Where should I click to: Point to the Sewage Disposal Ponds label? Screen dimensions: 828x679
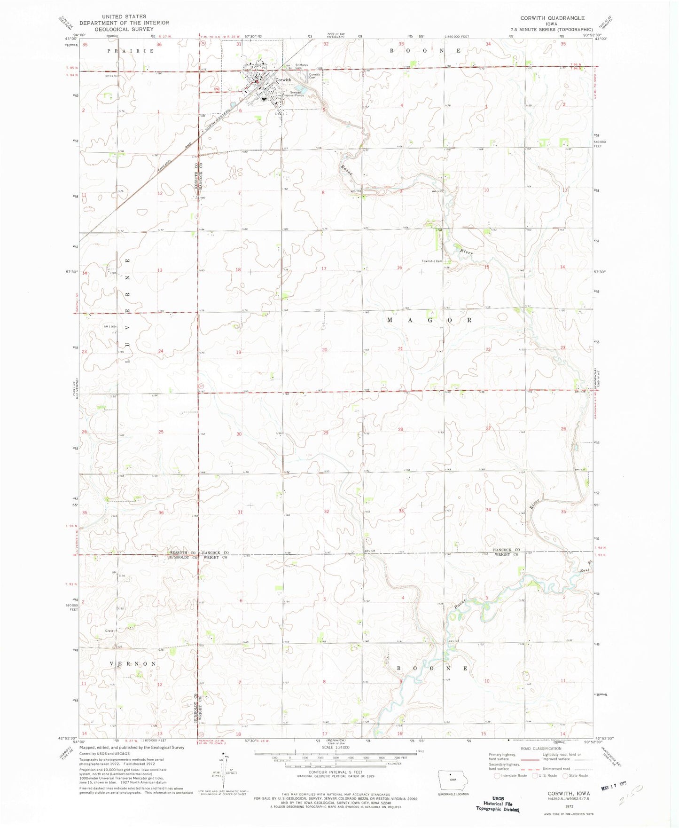[293, 94]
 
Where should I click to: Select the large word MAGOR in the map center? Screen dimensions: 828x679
[429, 320]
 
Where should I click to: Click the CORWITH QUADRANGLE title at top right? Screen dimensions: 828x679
[552, 18]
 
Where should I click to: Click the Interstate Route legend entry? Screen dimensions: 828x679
[511, 776]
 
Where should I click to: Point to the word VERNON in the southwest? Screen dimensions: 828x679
[133, 663]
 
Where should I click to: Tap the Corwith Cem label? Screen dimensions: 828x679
[314, 76]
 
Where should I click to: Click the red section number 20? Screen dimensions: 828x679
[325, 350]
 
